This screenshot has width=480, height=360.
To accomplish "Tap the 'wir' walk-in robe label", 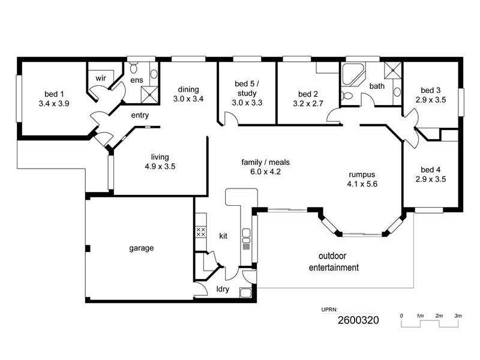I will (100, 77).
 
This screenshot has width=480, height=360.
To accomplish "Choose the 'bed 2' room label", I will (307, 94).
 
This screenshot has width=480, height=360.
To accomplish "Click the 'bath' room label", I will (377, 86).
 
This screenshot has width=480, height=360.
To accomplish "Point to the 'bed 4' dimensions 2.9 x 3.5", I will (430, 179).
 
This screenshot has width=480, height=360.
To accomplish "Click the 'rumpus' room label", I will (362, 175).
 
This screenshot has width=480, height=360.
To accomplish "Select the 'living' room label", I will (160, 157).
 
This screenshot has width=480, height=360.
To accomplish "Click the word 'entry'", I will (139, 115).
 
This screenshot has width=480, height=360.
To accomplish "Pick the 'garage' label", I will (142, 248).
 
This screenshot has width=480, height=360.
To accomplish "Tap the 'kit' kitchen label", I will (223, 236).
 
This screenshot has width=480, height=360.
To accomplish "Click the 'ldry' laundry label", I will (223, 290).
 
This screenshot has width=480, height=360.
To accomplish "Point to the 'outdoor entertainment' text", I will (334, 262).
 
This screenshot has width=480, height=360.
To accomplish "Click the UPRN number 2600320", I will (358, 320).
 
